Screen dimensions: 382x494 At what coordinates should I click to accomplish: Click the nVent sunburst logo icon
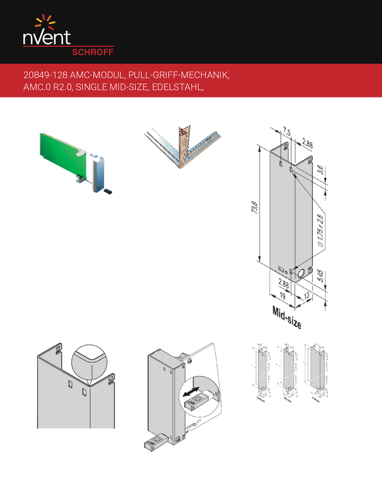point(45,23)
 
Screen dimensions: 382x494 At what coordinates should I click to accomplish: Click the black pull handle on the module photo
point(108,189)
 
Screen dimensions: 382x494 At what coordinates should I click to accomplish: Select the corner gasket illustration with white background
point(183,147)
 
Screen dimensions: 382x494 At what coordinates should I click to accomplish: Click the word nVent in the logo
point(47,38)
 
